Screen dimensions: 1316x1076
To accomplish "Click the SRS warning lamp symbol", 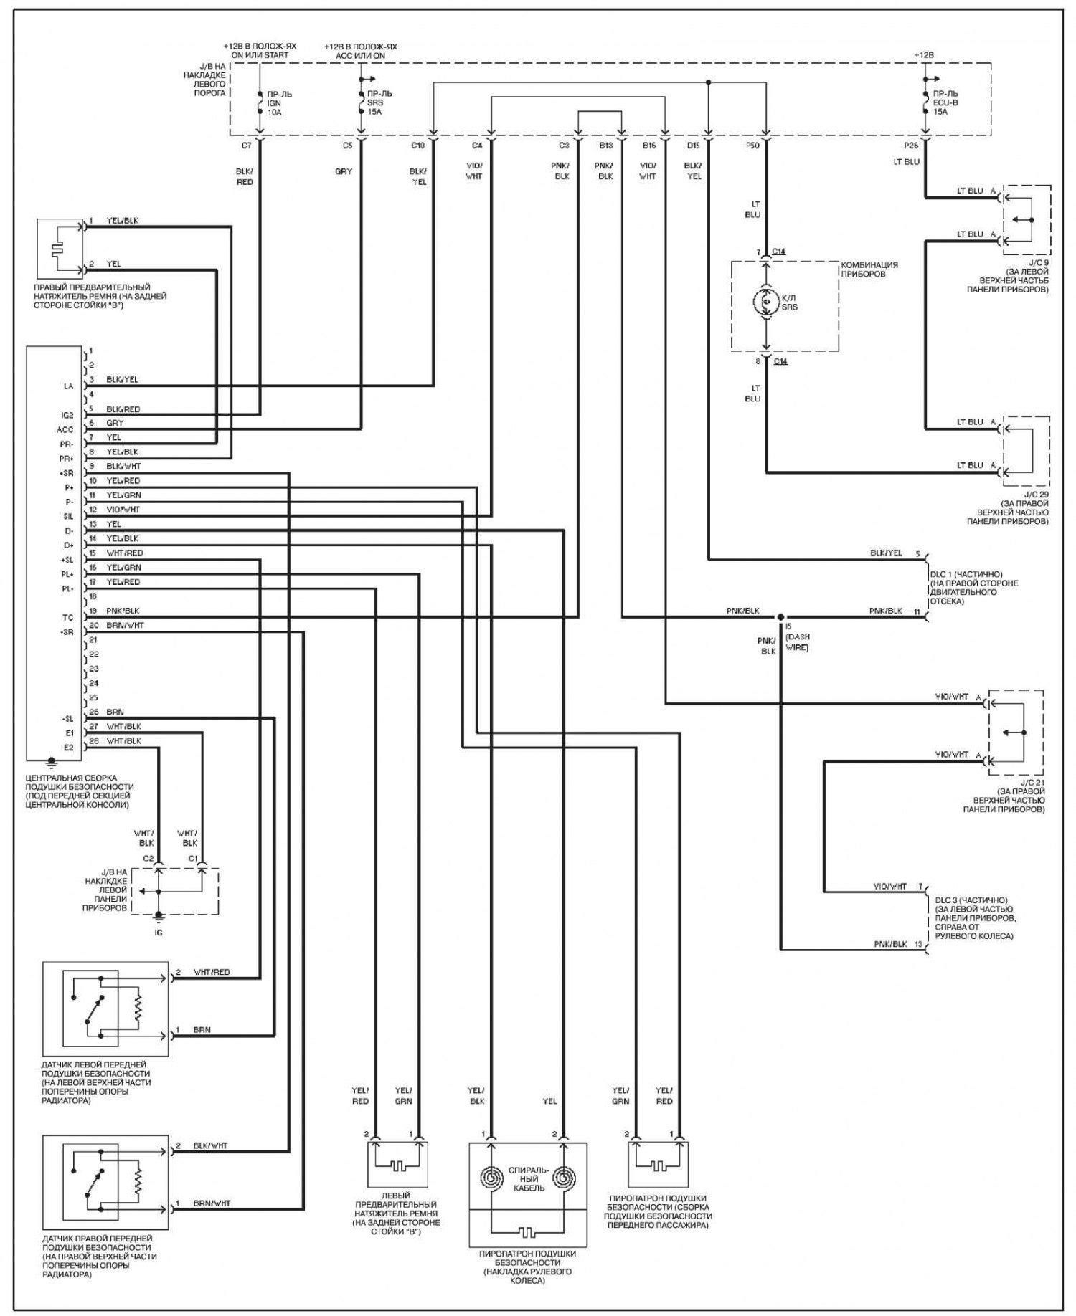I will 766,304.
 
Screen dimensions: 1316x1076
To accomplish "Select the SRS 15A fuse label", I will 379,102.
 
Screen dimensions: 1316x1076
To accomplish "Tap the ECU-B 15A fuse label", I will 945,102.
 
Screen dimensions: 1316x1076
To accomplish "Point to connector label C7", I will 246,146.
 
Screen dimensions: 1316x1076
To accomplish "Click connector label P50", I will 752,146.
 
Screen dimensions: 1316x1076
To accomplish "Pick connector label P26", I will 911,146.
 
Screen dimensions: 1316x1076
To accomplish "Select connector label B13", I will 606,146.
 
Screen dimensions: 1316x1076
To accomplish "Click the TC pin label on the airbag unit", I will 67,617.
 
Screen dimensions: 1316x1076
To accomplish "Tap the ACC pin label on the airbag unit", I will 65,429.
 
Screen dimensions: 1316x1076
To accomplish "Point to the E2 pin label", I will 69,748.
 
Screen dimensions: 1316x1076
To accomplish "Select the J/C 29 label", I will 1036,495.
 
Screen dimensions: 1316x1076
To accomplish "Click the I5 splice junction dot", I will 780,616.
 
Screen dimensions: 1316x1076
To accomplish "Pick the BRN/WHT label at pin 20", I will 125,626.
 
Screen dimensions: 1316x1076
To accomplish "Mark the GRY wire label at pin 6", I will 115,423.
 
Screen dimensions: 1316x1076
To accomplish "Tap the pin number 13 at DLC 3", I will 918,944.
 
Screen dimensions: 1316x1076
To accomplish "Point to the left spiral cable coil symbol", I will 491,1177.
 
